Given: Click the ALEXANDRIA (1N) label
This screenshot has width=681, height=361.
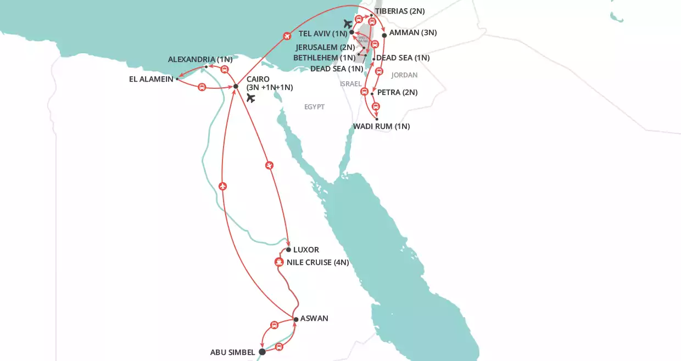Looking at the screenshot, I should (200, 59).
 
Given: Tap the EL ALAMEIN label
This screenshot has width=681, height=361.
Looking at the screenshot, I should (151, 79).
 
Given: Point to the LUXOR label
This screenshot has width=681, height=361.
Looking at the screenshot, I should (306, 250).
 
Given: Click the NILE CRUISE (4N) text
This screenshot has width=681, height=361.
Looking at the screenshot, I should (317, 262).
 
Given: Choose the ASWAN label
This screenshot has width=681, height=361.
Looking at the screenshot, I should (314, 319).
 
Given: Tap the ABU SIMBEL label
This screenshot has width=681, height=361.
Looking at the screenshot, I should (233, 352).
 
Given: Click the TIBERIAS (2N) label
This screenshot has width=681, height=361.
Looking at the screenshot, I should (399, 11).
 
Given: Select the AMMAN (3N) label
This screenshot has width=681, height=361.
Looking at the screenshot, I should (412, 33).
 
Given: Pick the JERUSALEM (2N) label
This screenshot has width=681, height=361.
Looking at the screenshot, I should (325, 47).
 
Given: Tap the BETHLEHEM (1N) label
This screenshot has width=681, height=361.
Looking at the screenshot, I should (324, 58).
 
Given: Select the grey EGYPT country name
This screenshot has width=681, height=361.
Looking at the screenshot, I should (315, 107).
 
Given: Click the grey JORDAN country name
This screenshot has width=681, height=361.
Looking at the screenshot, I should (404, 75).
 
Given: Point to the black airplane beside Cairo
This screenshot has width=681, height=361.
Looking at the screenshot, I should (251, 98).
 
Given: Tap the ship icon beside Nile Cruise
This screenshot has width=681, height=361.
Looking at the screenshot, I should (279, 262).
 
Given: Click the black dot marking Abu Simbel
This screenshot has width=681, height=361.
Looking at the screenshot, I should (262, 352).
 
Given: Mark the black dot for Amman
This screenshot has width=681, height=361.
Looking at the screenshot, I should (384, 35).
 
